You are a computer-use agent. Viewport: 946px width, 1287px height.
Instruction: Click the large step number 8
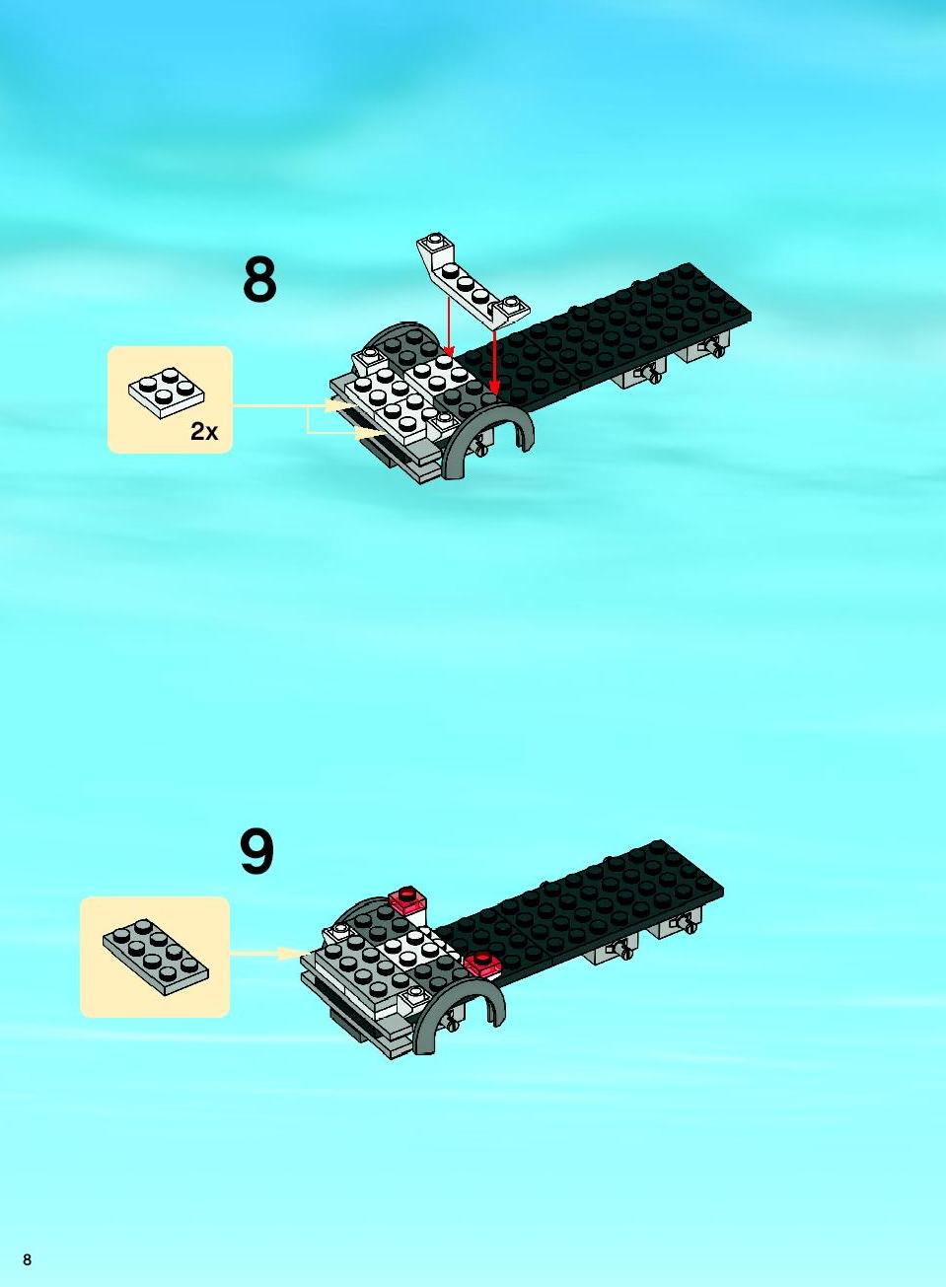259,280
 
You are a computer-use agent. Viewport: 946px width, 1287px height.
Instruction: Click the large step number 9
256,853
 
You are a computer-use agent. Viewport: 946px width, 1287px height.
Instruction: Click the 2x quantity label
204,431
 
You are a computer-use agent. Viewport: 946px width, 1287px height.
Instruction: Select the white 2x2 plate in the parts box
167,393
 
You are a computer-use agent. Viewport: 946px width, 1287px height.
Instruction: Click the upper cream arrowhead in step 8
335,405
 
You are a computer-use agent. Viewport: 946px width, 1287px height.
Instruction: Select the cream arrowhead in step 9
289,954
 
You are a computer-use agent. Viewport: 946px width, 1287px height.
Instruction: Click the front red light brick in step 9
482,965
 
